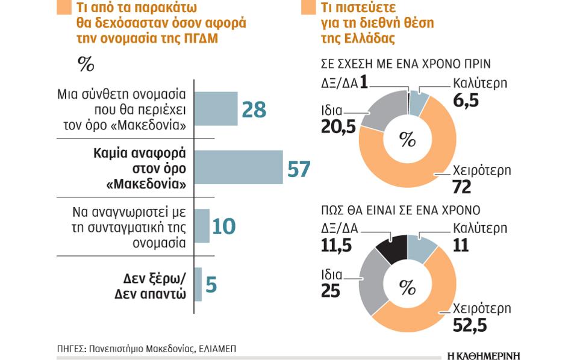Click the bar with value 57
tap(239, 167)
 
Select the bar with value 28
tap(216, 109)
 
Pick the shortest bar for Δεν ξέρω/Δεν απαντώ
tap(198, 283)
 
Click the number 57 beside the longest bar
tap(299, 169)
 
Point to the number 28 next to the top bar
tap(254, 110)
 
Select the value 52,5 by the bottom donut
tap(469, 327)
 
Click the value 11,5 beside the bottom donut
tap(338, 247)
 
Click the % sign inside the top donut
tap(408, 140)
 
